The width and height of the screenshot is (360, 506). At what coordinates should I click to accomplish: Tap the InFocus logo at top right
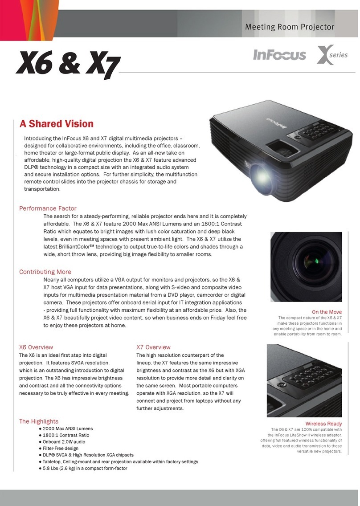point(279,55)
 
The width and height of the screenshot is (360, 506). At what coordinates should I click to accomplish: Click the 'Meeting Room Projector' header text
point(290,27)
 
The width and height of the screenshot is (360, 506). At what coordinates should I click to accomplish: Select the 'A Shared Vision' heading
point(56,124)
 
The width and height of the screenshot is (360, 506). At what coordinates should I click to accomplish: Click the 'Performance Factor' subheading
point(48,208)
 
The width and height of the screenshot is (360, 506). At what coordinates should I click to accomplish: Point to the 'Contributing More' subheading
point(45,272)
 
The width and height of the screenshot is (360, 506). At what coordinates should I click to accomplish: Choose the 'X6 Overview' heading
point(36,347)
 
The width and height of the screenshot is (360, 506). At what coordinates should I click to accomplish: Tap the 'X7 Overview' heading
point(153,347)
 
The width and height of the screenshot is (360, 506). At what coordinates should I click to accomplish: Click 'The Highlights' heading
point(38,421)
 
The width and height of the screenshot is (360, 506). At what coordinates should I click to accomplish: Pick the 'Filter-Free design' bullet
point(61,449)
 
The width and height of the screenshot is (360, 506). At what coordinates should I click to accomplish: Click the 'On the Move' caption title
point(327,312)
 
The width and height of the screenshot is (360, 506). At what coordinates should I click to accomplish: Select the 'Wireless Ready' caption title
point(323,424)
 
